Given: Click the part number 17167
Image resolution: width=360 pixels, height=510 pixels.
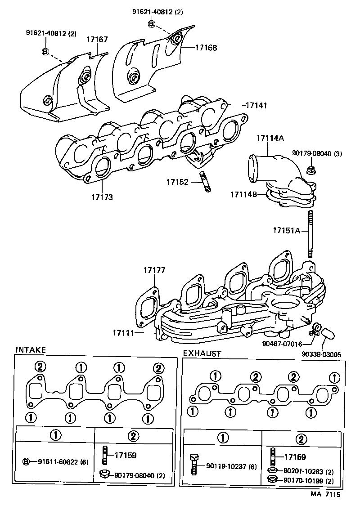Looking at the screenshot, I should coord(97,40).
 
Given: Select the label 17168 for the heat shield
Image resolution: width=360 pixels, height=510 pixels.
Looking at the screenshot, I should coord(206,47).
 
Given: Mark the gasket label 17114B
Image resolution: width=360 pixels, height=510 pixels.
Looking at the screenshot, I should coord(244,194).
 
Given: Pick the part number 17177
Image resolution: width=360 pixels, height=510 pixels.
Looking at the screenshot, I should coord(154,270).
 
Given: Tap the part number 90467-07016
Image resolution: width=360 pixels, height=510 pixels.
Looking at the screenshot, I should coord(282,344).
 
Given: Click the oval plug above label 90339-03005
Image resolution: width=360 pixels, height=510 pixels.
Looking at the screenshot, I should coord(328,333).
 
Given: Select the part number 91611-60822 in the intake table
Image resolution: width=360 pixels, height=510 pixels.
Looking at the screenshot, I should coord(57,462).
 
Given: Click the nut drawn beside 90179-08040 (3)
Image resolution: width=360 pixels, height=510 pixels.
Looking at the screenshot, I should coord(310,170).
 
